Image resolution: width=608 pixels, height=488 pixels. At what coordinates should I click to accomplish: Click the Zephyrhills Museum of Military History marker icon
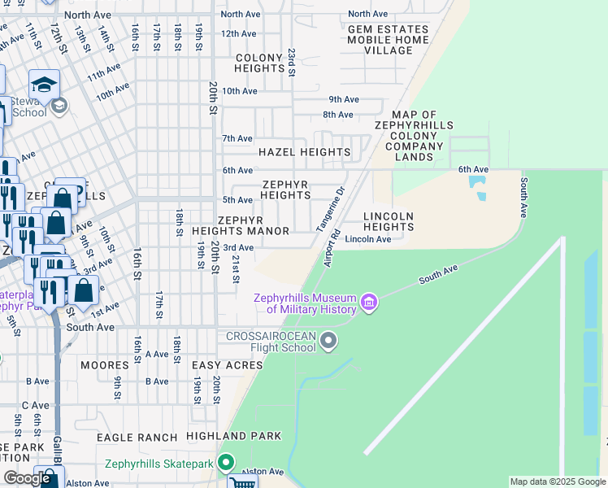coord(369,303)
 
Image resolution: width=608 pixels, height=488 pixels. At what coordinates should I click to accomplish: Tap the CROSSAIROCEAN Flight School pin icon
coord(328,341)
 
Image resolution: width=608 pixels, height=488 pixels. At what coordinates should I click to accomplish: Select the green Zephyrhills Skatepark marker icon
coord(225,463)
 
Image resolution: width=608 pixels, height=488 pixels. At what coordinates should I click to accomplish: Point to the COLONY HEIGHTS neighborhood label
coord(259,63)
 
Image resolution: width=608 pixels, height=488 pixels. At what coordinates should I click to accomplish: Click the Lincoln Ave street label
coord(368,239)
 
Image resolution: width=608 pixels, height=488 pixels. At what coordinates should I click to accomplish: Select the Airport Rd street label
coord(329,253)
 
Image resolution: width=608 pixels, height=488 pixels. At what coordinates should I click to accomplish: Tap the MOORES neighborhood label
coord(105,365)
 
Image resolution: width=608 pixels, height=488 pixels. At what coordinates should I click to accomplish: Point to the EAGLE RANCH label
coord(137,437)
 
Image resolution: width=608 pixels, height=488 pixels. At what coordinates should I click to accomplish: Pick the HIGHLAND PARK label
coord(233,436)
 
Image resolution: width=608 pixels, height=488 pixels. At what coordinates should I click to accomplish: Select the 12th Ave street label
coord(238,33)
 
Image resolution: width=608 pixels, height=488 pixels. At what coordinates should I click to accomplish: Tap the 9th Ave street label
coord(344,99)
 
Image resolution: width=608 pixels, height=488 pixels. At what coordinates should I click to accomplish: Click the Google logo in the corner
coord(27,478)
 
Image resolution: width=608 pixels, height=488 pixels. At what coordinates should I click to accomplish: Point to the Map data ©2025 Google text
coord(558,481)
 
